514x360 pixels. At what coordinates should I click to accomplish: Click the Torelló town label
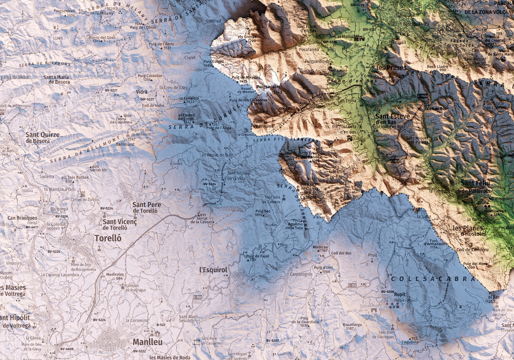pyautogui.click(x=108, y=238)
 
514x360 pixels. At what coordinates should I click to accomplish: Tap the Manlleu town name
pyautogui.click(x=147, y=342)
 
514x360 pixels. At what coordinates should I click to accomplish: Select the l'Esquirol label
pyautogui.click(x=213, y=270)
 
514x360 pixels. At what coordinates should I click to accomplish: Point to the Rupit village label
pyautogui.click(x=399, y=295)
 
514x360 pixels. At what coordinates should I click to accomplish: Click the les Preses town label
pyautogui.click(x=391, y=68)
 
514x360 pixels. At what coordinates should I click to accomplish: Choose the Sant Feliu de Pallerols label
pyautogui.click(x=475, y=187)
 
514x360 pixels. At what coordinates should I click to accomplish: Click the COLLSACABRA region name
pyautogui.click(x=433, y=279)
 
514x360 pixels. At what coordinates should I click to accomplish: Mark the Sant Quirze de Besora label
pyautogui.click(x=42, y=138)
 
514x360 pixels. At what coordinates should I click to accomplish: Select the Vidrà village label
pyautogui.click(x=141, y=91)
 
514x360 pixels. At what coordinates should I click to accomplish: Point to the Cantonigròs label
pyautogui.click(x=301, y=274)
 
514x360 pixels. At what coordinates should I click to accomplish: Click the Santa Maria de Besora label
pyautogui.click(x=57, y=79)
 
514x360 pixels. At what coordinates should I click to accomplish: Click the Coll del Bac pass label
pyautogui.click(x=341, y=253)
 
